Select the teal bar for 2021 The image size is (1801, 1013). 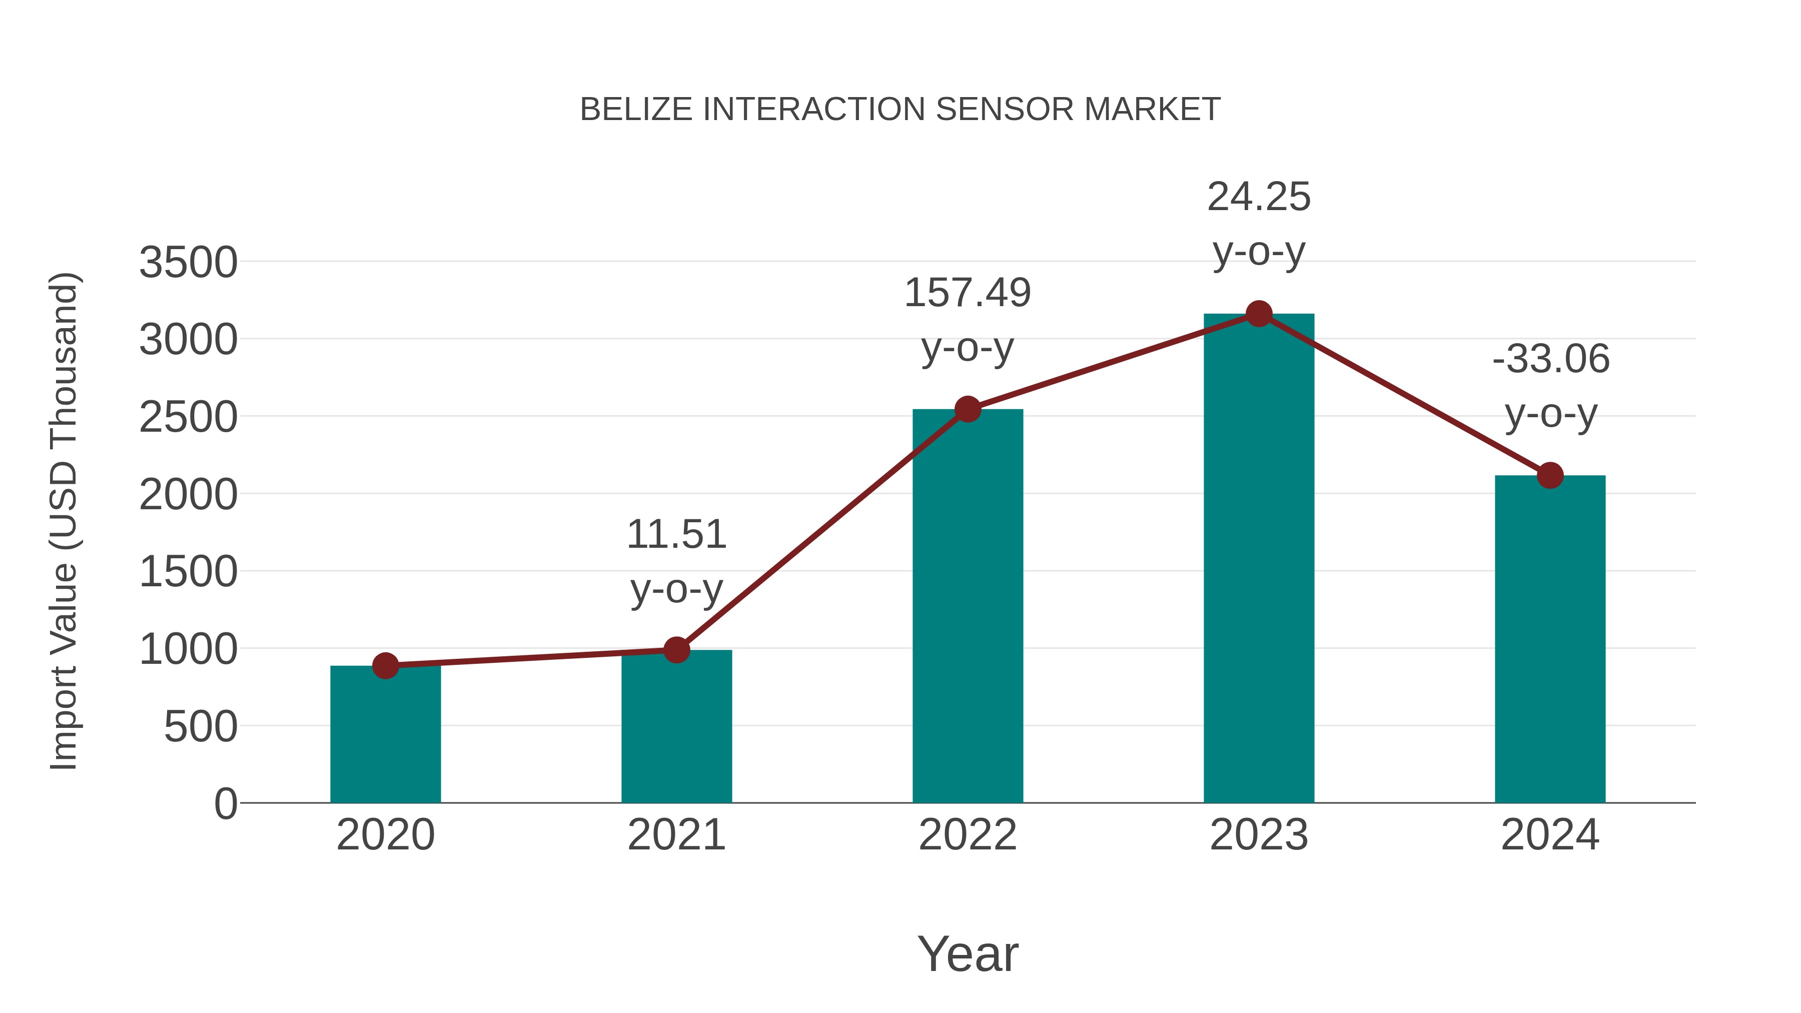click(x=676, y=727)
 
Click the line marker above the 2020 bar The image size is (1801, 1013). click(x=385, y=665)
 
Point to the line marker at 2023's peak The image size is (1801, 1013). click(x=1259, y=314)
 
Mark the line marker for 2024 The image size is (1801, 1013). click(x=1550, y=475)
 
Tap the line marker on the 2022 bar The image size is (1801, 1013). click(x=968, y=409)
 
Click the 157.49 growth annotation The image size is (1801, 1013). click(x=968, y=293)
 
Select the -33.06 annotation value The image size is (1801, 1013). click(x=1551, y=359)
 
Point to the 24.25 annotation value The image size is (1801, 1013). click(x=1259, y=197)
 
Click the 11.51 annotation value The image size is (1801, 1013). click(x=676, y=535)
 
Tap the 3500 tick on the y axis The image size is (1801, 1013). click(x=188, y=264)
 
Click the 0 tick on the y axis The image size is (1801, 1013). click(x=225, y=804)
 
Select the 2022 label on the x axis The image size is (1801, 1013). click(x=968, y=835)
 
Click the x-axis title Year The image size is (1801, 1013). click(x=968, y=954)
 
